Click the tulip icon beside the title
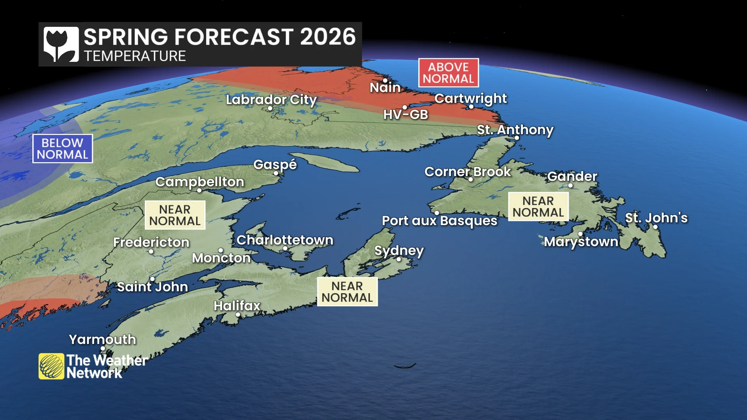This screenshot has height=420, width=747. click(x=61, y=44)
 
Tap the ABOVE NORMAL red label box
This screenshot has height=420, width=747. click(x=448, y=73)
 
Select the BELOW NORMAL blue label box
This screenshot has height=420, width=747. click(x=62, y=149)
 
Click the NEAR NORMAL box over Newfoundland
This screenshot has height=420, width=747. click(x=538, y=206)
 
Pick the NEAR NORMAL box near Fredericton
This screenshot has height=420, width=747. click(x=175, y=215)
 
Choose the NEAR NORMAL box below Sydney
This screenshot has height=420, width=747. click(x=347, y=292)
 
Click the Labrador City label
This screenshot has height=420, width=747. click(x=271, y=100)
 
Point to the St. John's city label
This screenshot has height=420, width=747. click(x=656, y=218)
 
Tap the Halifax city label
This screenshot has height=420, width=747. click(x=237, y=306)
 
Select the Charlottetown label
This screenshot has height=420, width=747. click(x=285, y=240)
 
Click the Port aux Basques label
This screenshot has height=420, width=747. click(x=439, y=221)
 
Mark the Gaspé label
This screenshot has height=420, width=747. click(x=275, y=164)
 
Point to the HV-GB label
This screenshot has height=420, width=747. click(x=405, y=115)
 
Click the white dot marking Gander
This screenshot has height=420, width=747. click(x=570, y=185)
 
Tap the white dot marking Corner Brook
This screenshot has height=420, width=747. click(x=470, y=180)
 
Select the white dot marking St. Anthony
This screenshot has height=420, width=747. click(x=517, y=138)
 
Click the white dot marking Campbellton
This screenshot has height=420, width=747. click(x=199, y=191)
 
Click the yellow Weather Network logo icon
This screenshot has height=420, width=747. click(x=51, y=366)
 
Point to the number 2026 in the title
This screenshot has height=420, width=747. click(x=328, y=37)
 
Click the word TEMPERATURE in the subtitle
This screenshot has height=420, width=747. click(x=135, y=56)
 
